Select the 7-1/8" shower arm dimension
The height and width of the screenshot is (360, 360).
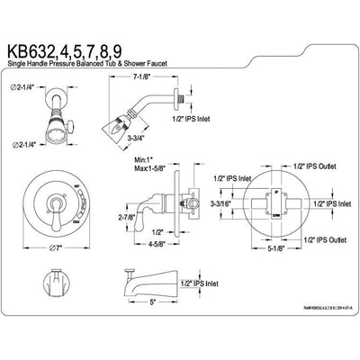coord(214,79)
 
